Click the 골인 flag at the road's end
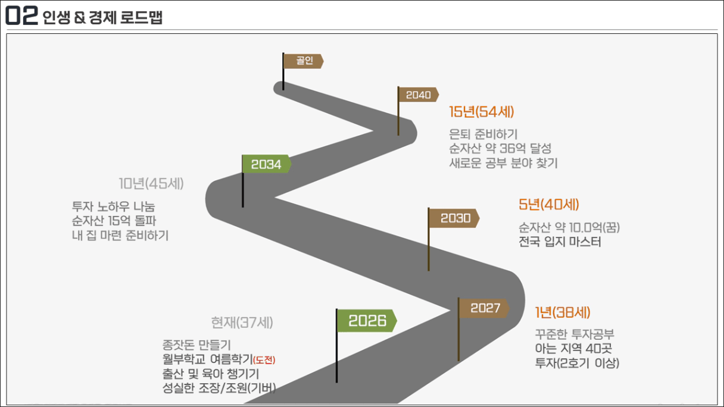[x=304, y=61]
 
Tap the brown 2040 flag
[x=419, y=95]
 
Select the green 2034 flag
[x=266, y=164]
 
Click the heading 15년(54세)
[x=481, y=112]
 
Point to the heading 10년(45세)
[x=151, y=183]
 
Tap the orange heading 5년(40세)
[x=549, y=205]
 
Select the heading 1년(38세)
[x=563, y=312]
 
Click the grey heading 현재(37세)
[x=242, y=323]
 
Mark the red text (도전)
[x=264, y=360]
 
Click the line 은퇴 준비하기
[x=483, y=135]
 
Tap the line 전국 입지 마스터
[x=560, y=242]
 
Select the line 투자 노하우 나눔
[x=113, y=207]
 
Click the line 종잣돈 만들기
[x=196, y=345]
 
